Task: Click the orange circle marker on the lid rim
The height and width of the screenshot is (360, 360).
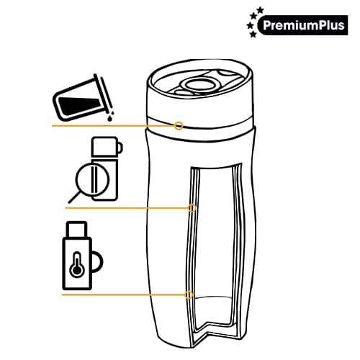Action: tap(179, 125)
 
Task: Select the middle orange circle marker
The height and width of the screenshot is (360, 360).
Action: tap(192, 208)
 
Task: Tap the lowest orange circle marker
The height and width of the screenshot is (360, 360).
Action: tap(189, 294)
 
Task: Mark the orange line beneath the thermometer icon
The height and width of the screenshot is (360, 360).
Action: tap(122, 294)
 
